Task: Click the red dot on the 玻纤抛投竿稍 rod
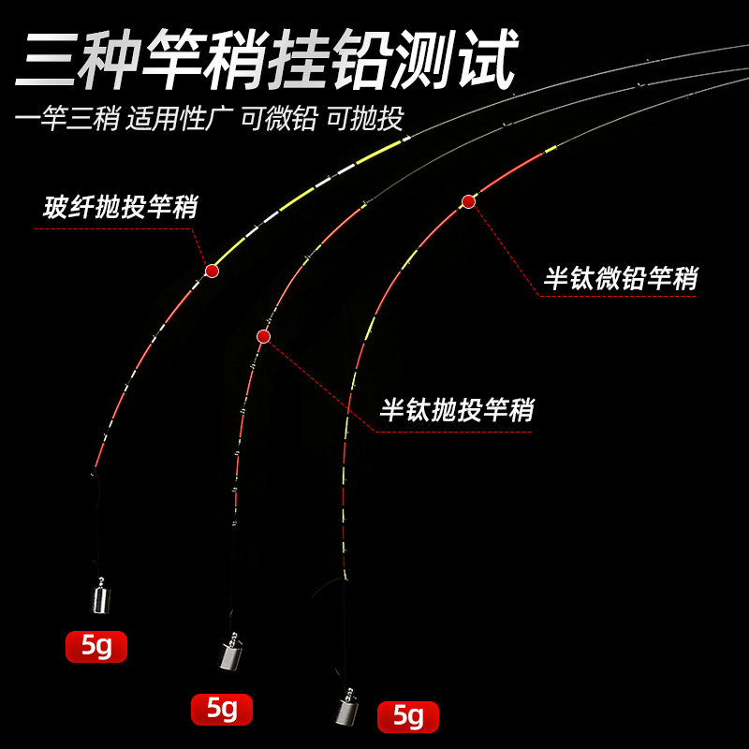[212, 271]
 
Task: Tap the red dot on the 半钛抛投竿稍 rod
[263, 335]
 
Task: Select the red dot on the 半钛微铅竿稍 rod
[468, 201]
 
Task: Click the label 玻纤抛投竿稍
[120, 207]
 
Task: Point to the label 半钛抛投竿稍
[457, 409]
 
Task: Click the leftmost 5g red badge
[95, 646]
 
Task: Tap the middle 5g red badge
[222, 709]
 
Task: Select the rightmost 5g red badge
[407, 716]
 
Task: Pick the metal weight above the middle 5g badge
[228, 654]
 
